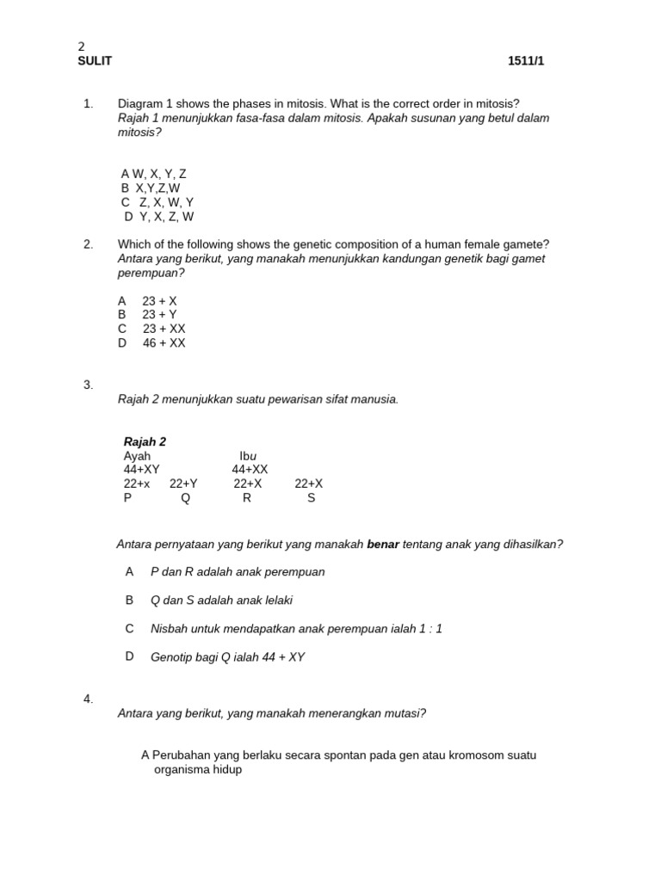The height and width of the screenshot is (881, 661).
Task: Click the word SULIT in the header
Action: coord(95,61)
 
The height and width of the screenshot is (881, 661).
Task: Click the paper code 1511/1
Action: coord(526,61)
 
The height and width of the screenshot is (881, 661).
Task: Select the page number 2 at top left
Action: coord(82,47)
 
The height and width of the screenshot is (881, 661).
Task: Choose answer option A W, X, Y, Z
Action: coord(154,174)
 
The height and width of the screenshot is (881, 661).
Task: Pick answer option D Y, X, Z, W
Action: coord(159,217)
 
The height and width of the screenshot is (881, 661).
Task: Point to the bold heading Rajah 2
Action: coord(145,442)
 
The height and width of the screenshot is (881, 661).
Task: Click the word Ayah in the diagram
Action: coord(137,456)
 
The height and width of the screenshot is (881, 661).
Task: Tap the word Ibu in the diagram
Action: coord(248,456)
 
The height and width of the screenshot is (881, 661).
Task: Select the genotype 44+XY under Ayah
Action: coord(142,470)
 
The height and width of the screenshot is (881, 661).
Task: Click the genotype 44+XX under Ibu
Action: coord(250,470)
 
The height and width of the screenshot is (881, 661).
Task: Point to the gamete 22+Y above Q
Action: coord(183,484)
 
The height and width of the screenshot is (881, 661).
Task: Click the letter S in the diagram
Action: coord(311,498)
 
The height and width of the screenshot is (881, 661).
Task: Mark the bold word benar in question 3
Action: coord(383,544)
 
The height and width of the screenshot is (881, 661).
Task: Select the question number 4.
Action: coord(88,699)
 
